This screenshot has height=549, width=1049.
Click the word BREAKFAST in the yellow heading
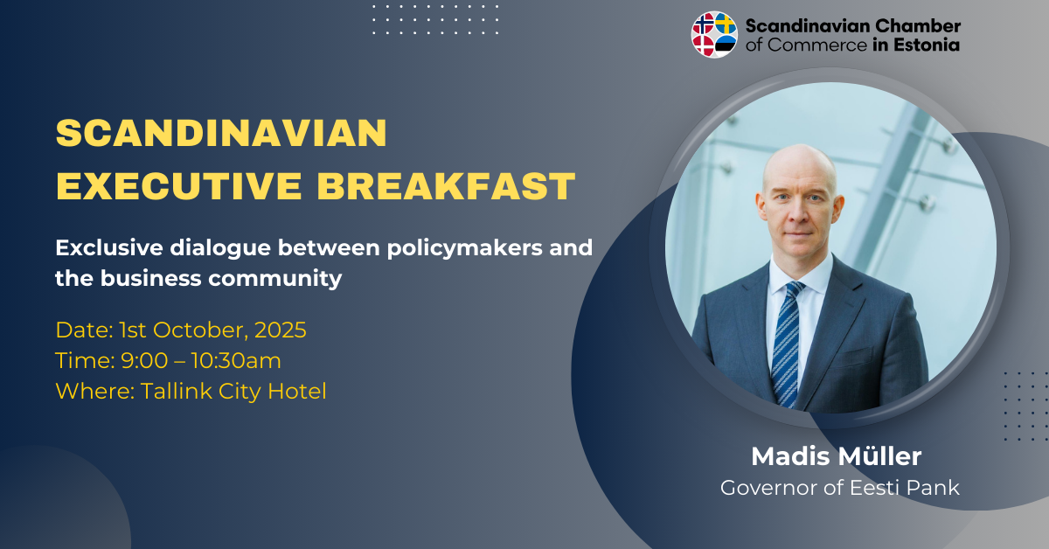point(447,186)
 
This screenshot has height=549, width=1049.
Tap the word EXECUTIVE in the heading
point(179,186)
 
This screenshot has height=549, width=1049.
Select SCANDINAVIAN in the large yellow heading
point(221,133)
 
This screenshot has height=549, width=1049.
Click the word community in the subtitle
point(275,278)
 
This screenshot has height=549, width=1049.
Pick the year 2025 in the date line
point(281,330)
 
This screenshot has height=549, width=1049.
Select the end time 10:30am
point(236,361)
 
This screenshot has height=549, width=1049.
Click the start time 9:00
point(144,361)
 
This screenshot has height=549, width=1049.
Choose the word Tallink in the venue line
point(176,391)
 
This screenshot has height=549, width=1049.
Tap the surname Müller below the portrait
point(879,456)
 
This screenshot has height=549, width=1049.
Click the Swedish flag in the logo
point(726,24)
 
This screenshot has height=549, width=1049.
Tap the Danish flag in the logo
point(704,46)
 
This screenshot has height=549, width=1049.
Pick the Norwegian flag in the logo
point(704,24)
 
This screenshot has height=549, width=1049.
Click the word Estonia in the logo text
point(927,45)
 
